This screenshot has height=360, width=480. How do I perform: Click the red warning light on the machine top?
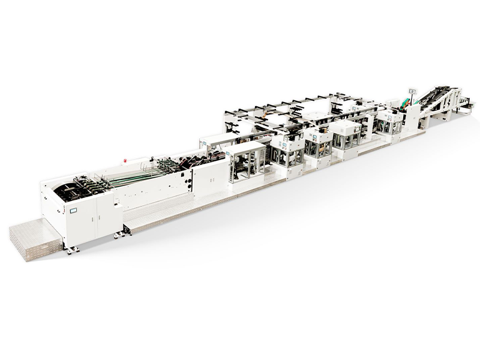click(x=125, y=160)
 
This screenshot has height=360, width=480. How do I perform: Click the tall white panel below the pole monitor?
click(x=413, y=118)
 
